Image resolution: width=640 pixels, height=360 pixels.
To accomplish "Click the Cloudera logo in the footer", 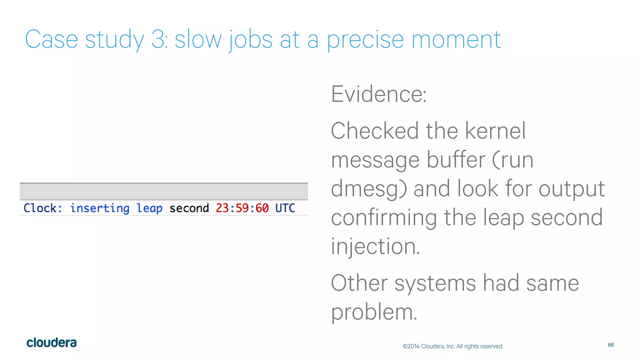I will pos(52,343).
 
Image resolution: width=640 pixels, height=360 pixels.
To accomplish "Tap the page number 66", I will pos(611,345).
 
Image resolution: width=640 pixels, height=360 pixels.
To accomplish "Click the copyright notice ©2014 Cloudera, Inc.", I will pos(453,346).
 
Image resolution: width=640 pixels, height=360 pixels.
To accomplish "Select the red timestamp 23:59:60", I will pos(242,208).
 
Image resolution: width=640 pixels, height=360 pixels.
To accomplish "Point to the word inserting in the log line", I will pos(99,208).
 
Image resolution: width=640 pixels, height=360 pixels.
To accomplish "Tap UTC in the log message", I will pos(285,208).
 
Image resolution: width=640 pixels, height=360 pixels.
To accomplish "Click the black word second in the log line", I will pos(189,208).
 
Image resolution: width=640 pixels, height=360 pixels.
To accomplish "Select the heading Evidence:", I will pos(379,94).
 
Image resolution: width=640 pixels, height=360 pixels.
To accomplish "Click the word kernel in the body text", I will pos(495,131).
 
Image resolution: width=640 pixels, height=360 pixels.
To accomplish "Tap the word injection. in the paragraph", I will pos(375,247).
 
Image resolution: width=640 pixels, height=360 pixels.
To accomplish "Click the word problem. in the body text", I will pos(374,312).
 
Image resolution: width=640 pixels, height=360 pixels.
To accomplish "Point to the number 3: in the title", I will pos(159,40).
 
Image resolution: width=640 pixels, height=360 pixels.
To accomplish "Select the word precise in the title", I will pos(365,40).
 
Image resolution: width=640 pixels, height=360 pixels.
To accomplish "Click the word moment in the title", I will pos(456,40).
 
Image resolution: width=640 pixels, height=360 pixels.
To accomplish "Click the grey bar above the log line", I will pos(164,191).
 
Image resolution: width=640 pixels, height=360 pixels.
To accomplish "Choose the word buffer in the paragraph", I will pos(456,160).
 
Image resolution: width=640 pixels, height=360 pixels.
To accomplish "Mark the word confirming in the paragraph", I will pos(384,218).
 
